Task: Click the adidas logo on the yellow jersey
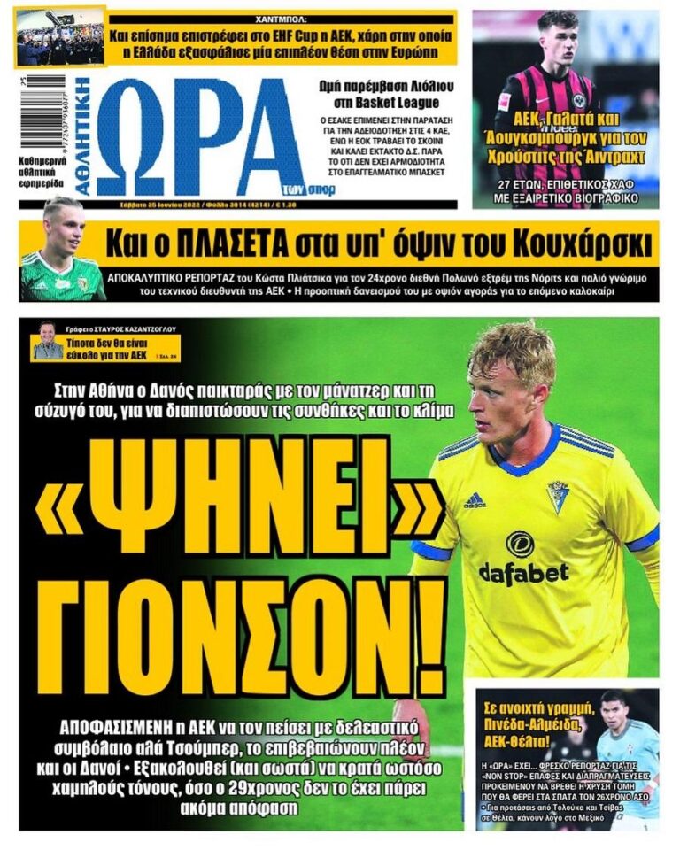(x=475, y=501)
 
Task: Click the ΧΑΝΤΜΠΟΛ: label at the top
(x=280, y=15)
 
